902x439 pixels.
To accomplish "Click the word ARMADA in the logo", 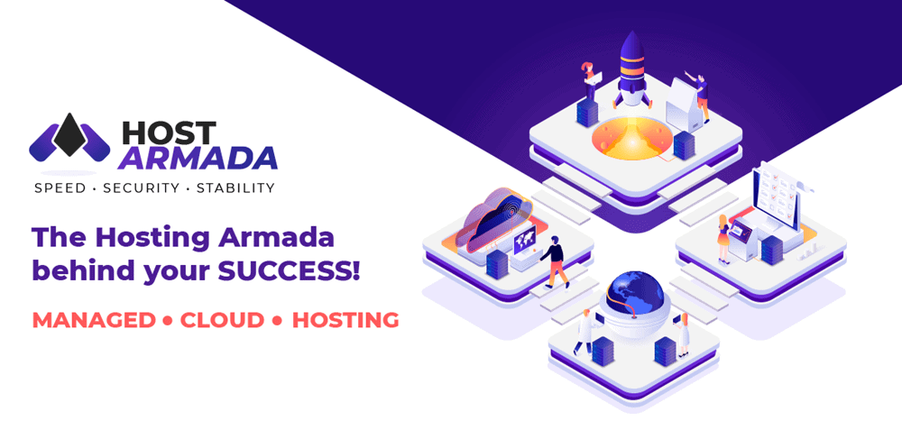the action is tap(198, 159).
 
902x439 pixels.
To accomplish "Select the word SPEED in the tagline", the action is tap(60, 187).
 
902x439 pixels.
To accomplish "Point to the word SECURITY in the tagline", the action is tap(141, 187).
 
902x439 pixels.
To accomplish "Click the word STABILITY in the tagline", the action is tap(235, 187).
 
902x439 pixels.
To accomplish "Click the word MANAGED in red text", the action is tap(94, 320).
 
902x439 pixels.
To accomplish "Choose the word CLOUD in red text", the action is tap(222, 320).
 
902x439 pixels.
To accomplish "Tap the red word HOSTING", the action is tap(345, 320).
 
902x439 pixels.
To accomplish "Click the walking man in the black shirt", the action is tap(554, 261).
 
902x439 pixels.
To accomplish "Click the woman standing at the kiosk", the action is tap(723, 240).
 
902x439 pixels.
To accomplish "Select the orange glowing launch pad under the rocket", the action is tap(631, 138).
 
